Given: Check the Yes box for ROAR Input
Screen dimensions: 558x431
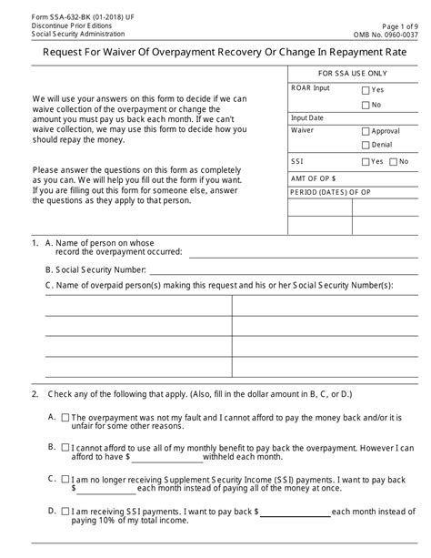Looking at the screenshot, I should [x=365, y=90].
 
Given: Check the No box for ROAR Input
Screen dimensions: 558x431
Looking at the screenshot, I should [x=365, y=105].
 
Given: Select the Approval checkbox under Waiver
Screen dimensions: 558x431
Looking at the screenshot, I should [x=365, y=131].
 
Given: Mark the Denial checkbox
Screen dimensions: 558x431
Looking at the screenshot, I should [x=365, y=146].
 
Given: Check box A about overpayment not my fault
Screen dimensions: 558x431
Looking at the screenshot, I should [x=65, y=417].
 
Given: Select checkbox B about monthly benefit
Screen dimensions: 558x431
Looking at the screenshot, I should [x=65, y=448].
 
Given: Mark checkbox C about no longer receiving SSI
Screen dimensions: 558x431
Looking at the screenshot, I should [x=65, y=479].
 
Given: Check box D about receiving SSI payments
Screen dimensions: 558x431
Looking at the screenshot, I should [x=65, y=511].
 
